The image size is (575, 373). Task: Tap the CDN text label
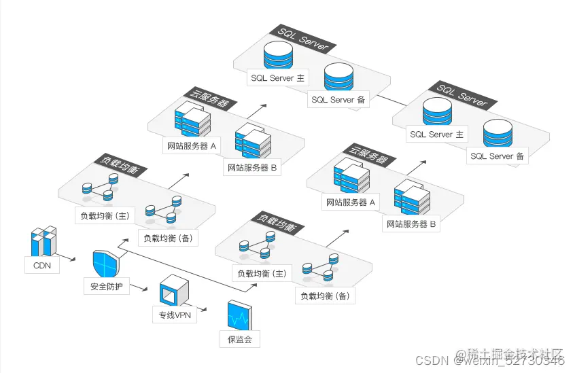[x=42, y=266]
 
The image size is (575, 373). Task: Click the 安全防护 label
[x=107, y=286]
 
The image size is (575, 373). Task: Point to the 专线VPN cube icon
[x=172, y=292]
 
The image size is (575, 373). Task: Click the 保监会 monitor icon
[x=239, y=315]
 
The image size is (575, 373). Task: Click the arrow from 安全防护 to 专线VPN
[x=139, y=287]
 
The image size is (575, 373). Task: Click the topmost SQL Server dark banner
[x=303, y=39]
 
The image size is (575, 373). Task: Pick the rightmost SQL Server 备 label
[x=498, y=156]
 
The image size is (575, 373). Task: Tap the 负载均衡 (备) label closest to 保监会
[x=324, y=296]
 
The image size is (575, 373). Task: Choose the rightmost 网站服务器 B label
[x=412, y=224]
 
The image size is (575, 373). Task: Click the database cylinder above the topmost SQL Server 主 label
[x=277, y=56]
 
